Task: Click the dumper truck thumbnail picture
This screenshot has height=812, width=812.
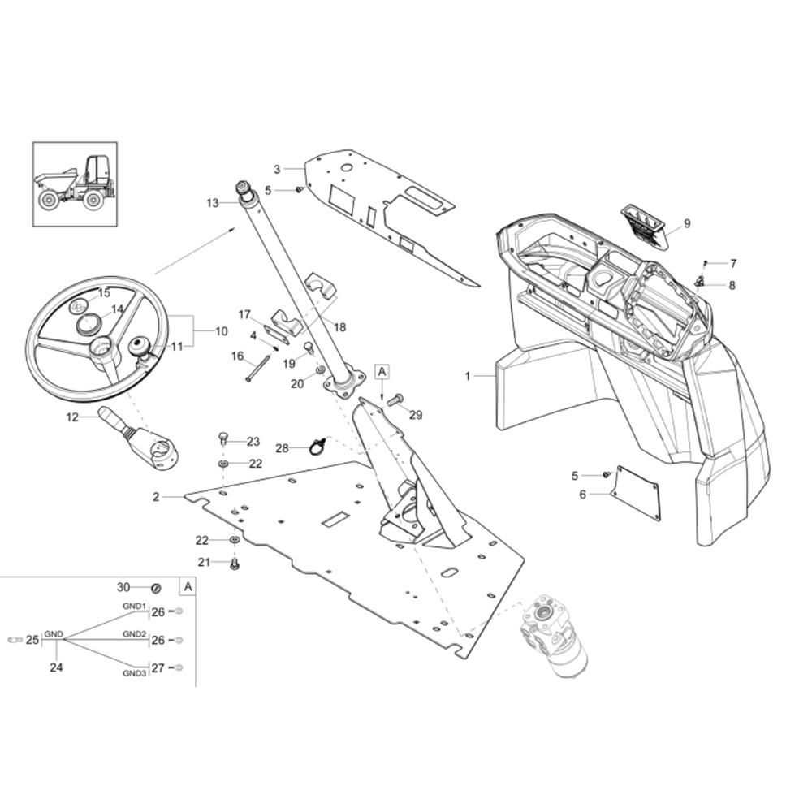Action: [x=75, y=184]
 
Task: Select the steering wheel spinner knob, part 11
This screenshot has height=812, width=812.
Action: [x=140, y=347]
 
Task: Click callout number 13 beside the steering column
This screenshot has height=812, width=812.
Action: [x=213, y=203]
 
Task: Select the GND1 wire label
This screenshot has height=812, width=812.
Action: [x=134, y=606]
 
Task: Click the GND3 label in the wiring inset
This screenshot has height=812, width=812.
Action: [x=135, y=673]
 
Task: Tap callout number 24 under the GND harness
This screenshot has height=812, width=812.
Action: [x=56, y=667]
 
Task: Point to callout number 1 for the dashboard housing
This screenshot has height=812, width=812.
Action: [x=468, y=376]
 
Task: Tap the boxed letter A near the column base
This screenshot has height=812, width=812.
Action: [x=382, y=372]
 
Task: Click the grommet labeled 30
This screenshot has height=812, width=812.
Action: [x=155, y=588]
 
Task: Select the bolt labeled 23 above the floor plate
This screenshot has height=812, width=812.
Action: [x=223, y=438]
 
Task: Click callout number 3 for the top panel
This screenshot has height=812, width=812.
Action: [x=277, y=170]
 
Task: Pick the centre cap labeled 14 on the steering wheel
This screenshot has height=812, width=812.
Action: [x=90, y=325]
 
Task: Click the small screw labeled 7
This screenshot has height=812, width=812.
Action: [x=705, y=264]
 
